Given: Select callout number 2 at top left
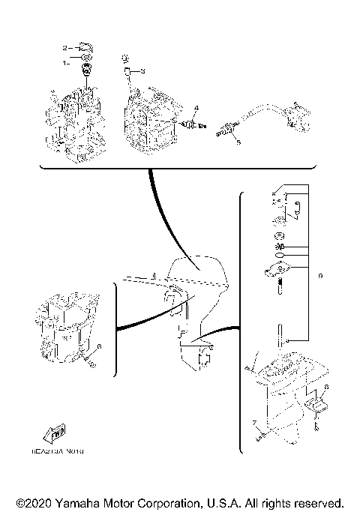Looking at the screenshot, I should tap(66, 47).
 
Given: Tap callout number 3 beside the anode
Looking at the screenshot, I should tap(142, 71).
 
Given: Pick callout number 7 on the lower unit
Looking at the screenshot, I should tap(254, 423).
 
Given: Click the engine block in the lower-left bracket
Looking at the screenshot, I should tap(64, 326).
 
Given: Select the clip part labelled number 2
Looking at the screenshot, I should tap(85, 48).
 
